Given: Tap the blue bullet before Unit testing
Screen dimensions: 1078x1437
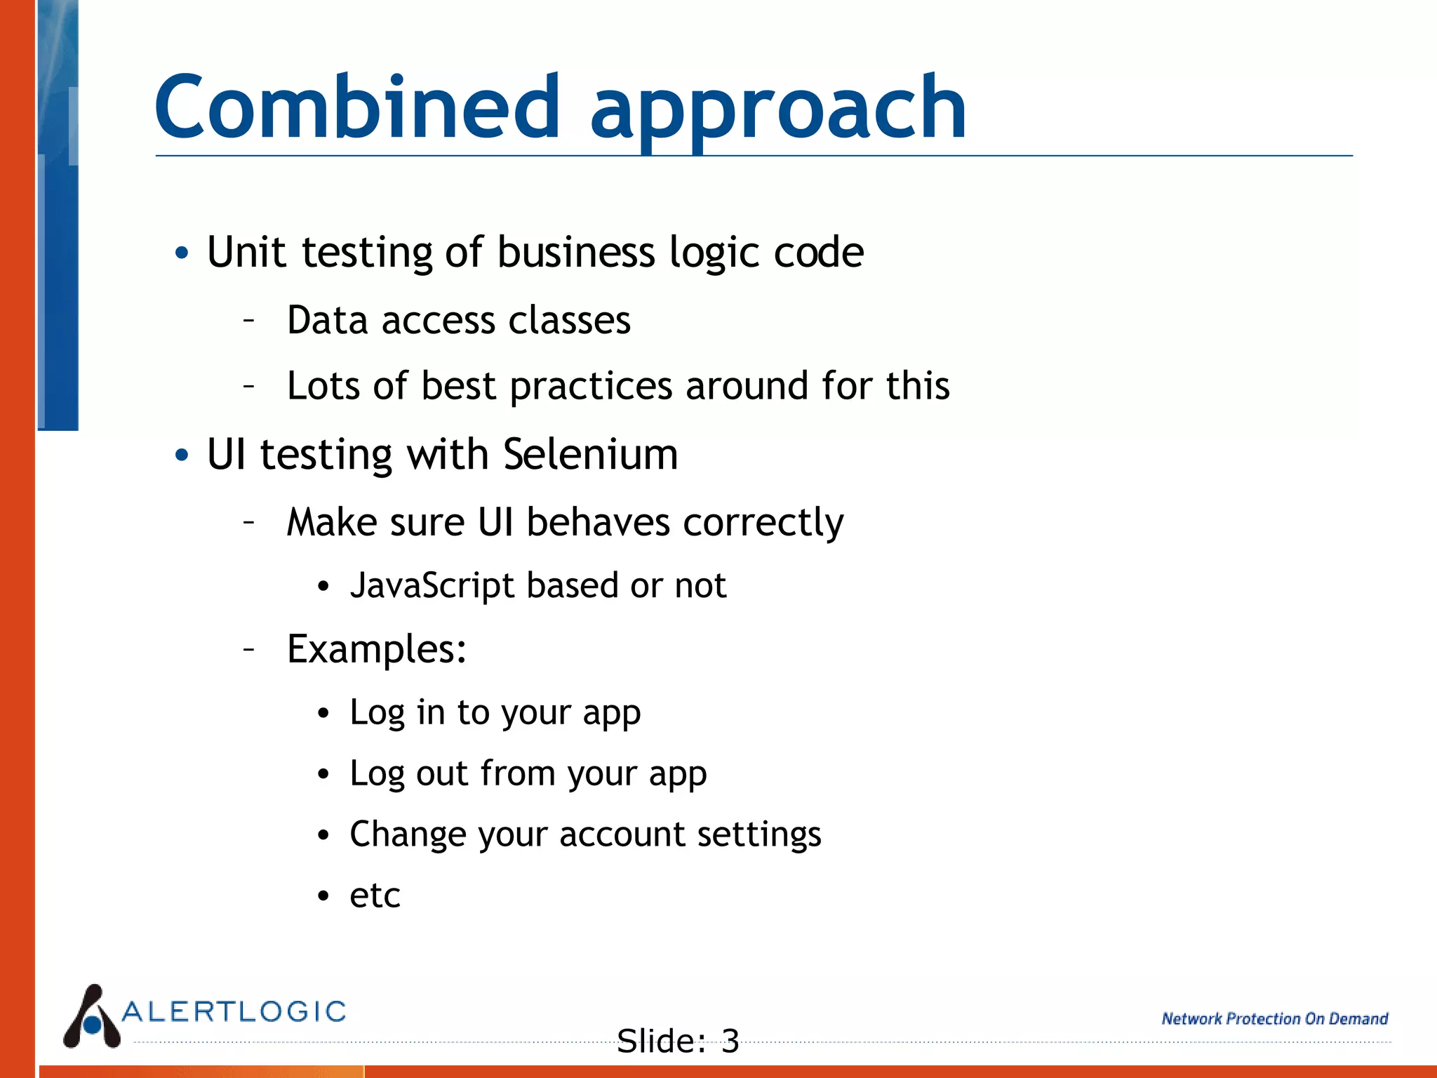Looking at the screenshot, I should coord(182,253).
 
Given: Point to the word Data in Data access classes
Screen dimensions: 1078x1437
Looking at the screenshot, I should coord(328,321).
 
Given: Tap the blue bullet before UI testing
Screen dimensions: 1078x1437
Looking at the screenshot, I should coord(182,455).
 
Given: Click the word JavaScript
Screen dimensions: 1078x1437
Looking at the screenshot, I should coord(432,585).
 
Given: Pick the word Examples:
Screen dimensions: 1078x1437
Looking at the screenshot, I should coord(377,649).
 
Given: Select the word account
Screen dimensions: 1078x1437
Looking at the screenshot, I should coord(621,834).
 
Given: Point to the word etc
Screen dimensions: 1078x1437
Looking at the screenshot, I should coord(375,896).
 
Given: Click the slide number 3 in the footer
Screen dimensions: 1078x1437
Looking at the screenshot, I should coord(730,1041).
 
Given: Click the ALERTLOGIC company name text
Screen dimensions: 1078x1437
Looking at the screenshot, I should coord(234,1011).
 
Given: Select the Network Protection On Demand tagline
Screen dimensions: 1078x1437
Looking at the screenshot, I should coord(1274,1018).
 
